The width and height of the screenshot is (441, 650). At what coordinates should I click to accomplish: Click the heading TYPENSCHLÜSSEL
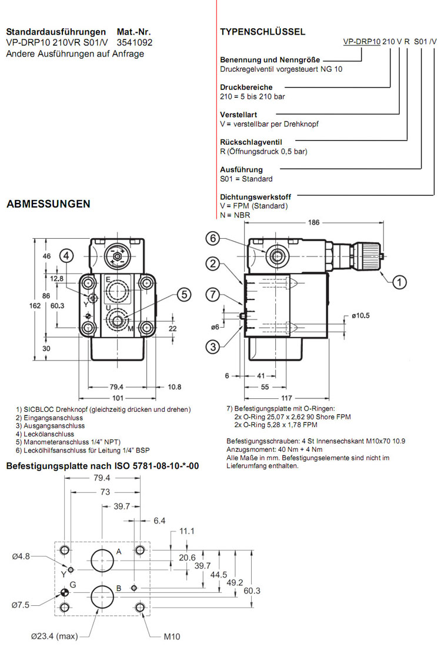click(x=262, y=32)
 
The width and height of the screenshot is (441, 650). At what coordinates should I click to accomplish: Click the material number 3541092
click(x=135, y=42)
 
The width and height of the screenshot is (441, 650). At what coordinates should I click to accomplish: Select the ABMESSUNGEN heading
click(x=48, y=204)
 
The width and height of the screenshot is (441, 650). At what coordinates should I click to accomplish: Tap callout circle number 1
click(x=400, y=282)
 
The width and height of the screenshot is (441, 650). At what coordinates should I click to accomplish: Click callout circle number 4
click(x=68, y=255)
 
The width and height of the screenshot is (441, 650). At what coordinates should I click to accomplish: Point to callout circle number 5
click(x=185, y=294)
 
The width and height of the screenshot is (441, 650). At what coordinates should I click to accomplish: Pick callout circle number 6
click(x=213, y=238)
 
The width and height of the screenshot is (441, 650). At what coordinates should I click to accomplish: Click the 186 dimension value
click(x=315, y=223)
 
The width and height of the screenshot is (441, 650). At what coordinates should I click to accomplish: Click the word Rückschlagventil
click(x=251, y=142)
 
